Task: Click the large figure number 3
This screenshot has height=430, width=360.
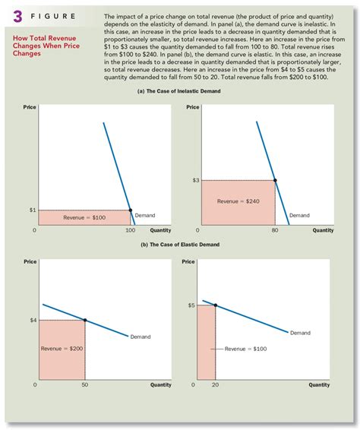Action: (x=14, y=17)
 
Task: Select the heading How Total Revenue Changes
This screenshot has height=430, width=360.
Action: (x=53, y=40)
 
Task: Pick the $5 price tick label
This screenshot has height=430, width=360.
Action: (x=191, y=305)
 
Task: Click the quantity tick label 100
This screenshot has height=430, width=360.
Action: (x=129, y=230)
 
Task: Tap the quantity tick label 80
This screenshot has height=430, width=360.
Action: (x=275, y=230)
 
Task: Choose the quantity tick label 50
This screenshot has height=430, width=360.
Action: (x=84, y=385)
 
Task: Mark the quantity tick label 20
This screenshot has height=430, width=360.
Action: (x=216, y=385)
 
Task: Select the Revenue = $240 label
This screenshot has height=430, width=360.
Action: (x=238, y=202)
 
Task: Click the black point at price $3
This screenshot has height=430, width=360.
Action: (x=275, y=180)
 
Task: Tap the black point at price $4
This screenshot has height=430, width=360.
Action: (x=84, y=320)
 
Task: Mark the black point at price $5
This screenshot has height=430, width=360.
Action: (x=216, y=305)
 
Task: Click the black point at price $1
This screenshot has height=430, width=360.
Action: (x=130, y=210)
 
